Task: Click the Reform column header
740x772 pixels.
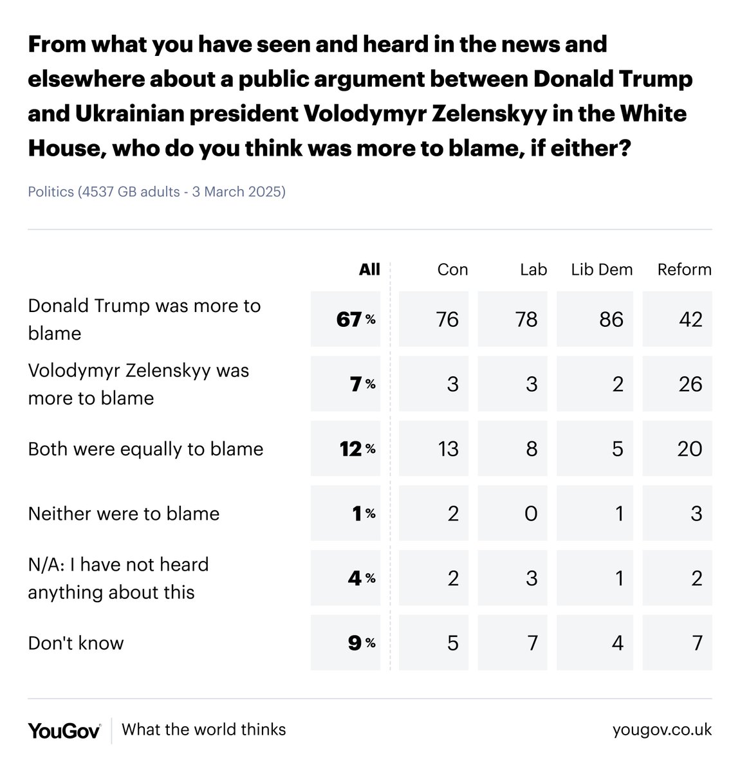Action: (x=684, y=269)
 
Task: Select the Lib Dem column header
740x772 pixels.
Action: (x=602, y=269)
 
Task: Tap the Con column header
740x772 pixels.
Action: (x=452, y=269)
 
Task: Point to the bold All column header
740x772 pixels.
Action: (x=369, y=269)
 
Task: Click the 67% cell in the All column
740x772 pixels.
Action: (x=355, y=319)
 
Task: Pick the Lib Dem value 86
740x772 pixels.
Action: (x=611, y=319)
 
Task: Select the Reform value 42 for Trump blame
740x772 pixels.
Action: (x=690, y=319)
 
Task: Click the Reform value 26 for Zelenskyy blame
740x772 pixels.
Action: (x=690, y=384)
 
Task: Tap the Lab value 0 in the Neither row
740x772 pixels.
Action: (x=531, y=513)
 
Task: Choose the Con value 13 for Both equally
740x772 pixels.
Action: (x=447, y=448)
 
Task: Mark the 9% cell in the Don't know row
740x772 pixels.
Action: (x=361, y=643)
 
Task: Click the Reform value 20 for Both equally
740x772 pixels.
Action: (x=689, y=448)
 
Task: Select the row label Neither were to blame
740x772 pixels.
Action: (x=124, y=513)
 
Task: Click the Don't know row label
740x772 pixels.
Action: (x=76, y=643)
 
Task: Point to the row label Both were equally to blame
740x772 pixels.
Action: (x=145, y=448)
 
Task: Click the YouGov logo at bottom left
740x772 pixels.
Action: (x=64, y=730)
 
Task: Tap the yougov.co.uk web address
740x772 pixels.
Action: (x=662, y=730)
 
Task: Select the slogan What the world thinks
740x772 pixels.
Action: (x=203, y=730)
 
